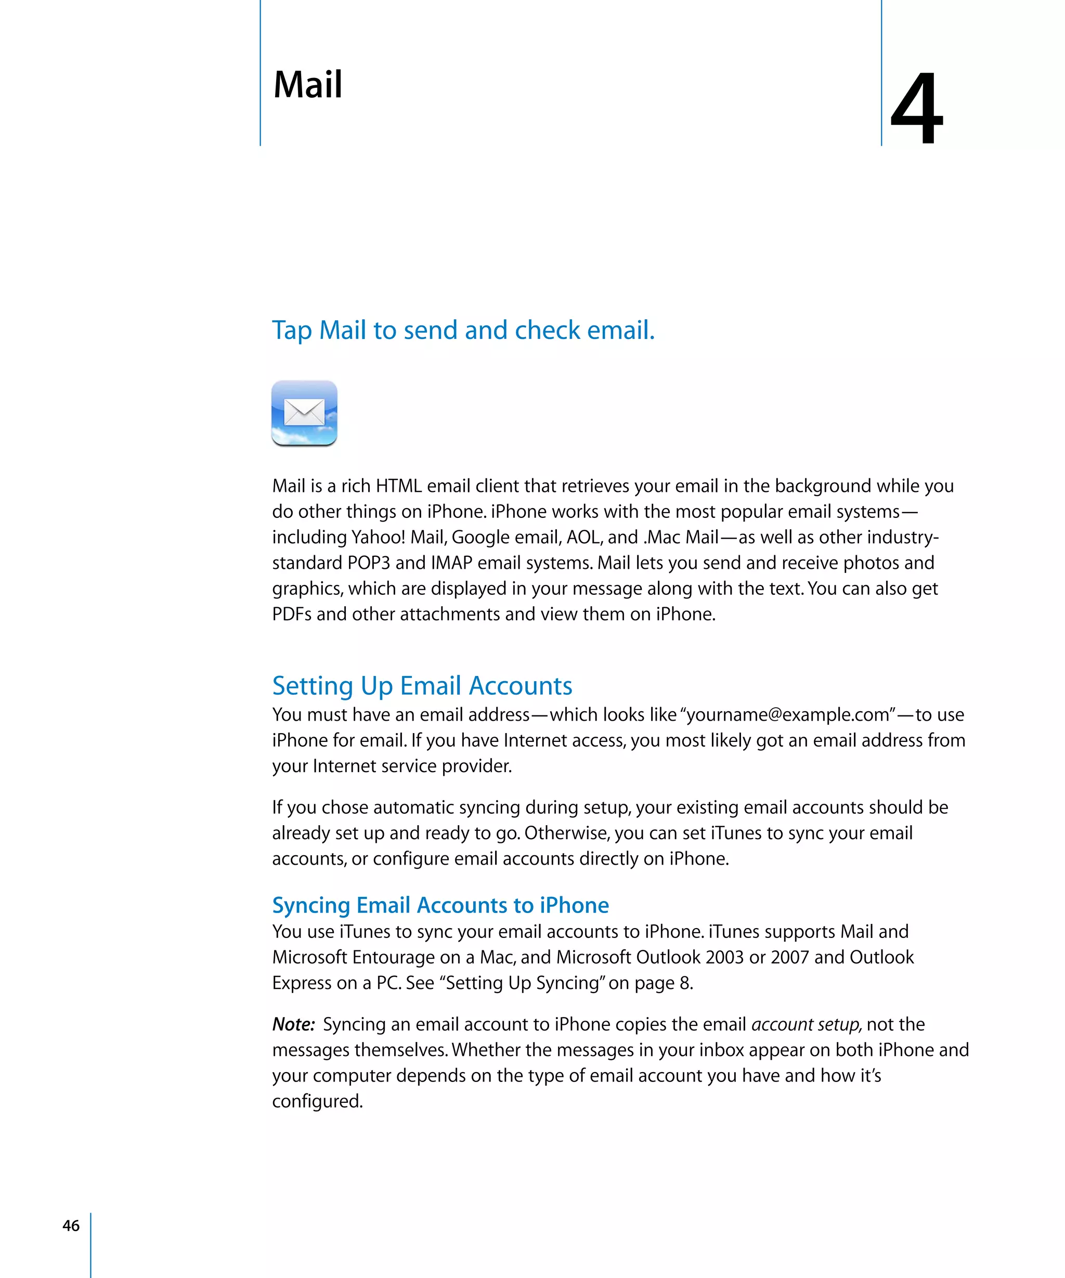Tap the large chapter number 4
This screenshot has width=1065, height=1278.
(x=916, y=108)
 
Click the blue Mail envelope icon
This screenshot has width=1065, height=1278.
(x=304, y=413)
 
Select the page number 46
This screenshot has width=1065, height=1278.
(x=71, y=1225)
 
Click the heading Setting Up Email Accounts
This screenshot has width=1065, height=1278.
(x=422, y=686)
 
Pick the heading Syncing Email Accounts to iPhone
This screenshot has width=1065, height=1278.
(x=440, y=905)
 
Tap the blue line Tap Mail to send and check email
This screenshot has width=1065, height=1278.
(x=462, y=331)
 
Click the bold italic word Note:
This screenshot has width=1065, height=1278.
(x=293, y=1024)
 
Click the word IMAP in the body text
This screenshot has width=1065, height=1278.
(x=451, y=563)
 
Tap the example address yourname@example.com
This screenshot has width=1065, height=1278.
(x=787, y=714)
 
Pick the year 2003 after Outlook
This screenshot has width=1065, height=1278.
(x=724, y=957)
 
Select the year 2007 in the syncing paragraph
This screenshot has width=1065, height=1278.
(x=789, y=957)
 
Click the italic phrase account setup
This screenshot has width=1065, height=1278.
(x=806, y=1024)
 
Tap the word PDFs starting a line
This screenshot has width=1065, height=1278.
(x=292, y=614)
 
